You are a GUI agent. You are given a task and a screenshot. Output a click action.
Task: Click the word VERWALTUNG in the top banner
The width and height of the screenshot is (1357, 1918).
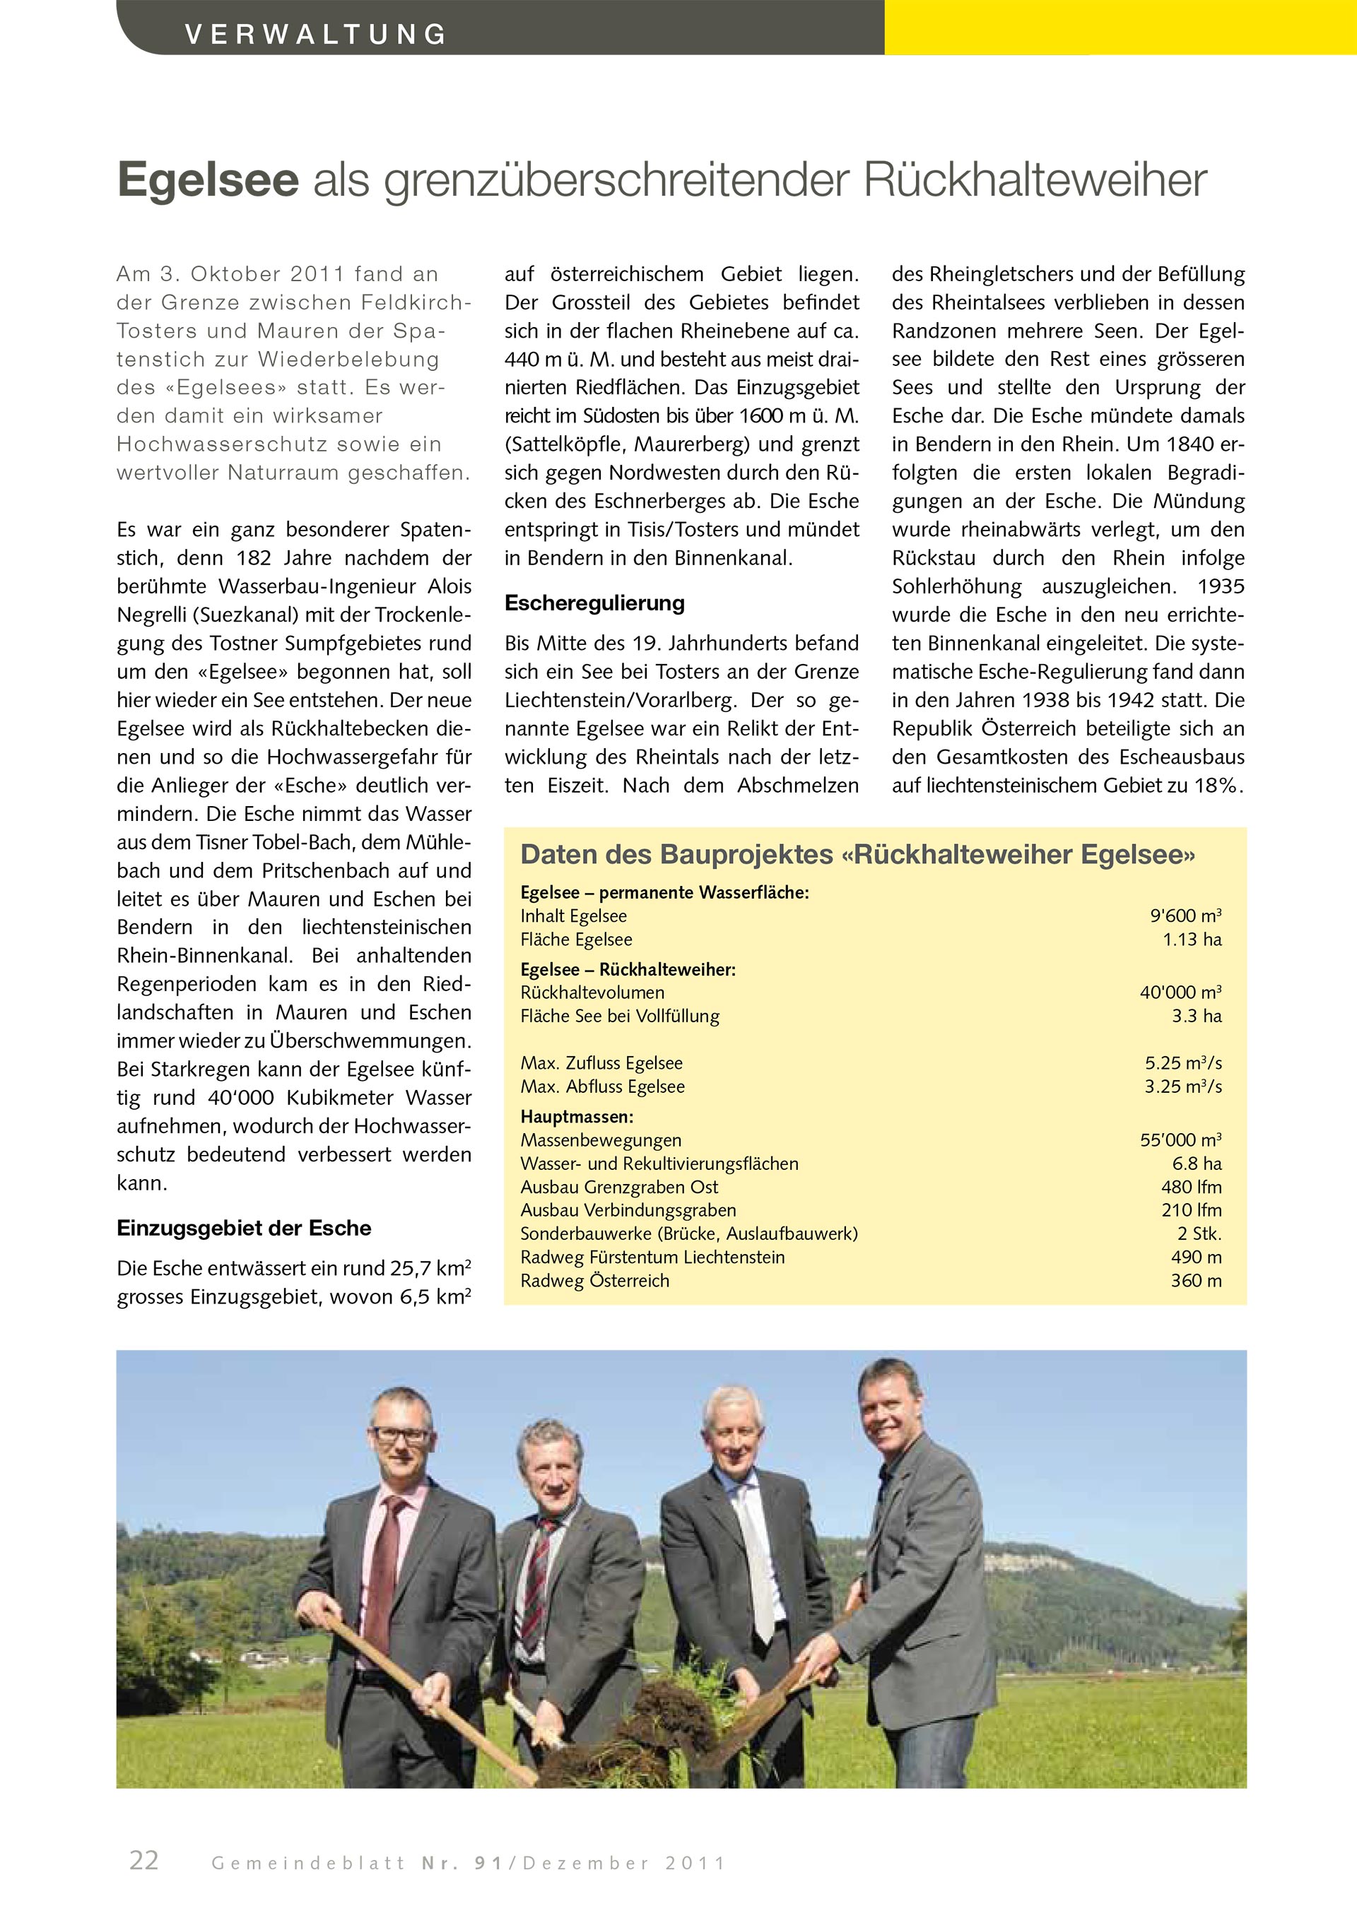316,34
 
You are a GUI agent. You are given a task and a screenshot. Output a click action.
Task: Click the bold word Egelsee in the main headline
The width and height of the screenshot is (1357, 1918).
208,179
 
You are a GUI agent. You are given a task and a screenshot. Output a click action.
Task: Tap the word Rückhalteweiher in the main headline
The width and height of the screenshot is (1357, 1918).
1035,179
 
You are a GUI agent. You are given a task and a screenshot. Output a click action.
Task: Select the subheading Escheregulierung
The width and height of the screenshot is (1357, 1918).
594,603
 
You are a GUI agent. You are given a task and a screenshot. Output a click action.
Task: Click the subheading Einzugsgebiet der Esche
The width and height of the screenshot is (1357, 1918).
244,1228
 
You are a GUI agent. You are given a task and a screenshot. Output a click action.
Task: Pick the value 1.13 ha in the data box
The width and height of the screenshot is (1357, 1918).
1192,939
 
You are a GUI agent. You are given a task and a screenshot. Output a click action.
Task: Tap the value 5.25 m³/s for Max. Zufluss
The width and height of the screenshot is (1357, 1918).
1183,1062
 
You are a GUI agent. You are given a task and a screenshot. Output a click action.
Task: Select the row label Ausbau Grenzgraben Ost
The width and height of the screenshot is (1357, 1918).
619,1187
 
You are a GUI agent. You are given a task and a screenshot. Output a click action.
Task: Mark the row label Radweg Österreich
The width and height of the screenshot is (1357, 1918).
595,1281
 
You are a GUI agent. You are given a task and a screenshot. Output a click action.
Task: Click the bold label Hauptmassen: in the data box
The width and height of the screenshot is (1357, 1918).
577,1117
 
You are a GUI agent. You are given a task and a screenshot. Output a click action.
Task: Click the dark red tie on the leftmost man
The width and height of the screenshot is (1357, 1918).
387,1570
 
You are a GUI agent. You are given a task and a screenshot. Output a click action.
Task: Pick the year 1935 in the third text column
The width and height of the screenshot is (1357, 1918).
1220,586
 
